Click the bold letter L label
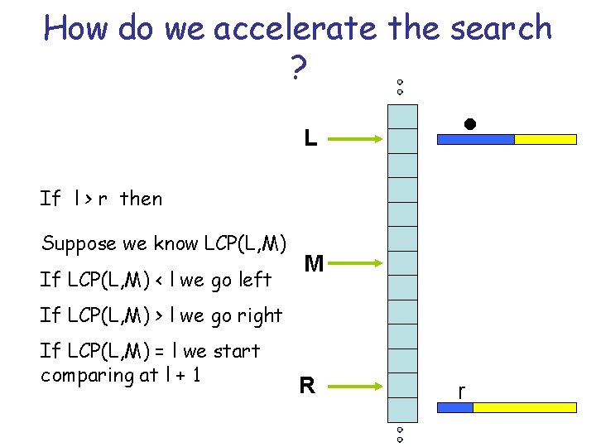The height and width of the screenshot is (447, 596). click(x=310, y=138)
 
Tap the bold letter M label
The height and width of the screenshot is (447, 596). click(x=314, y=264)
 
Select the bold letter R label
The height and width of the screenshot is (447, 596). click(x=307, y=385)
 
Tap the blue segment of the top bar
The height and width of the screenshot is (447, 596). click(x=475, y=140)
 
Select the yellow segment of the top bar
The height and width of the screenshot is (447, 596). click(x=546, y=140)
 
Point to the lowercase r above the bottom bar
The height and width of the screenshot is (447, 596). click(x=461, y=390)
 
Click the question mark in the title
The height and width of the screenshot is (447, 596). click(x=297, y=70)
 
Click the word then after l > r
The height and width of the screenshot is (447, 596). click(x=142, y=199)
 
